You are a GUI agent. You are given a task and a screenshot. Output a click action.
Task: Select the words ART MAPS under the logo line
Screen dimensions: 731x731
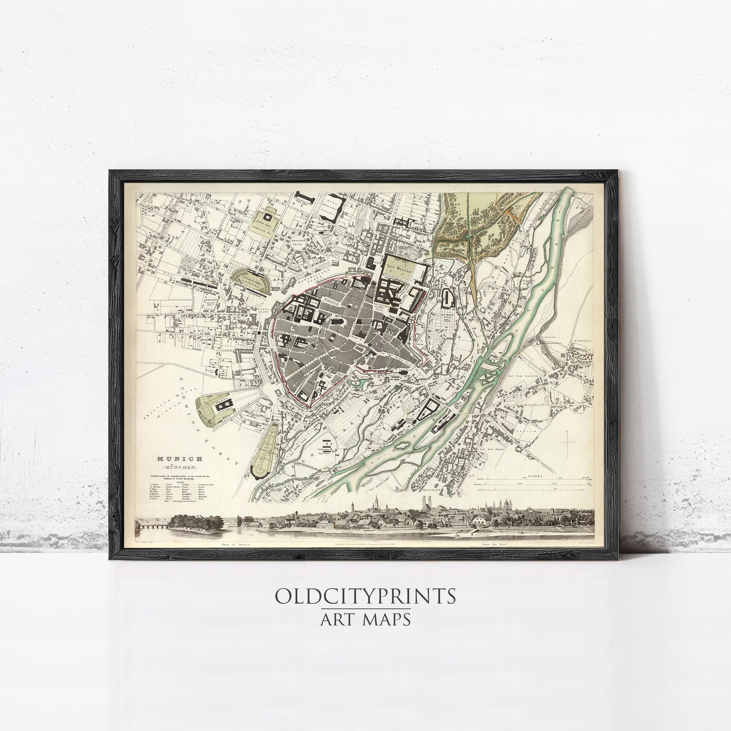[x=365, y=619]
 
